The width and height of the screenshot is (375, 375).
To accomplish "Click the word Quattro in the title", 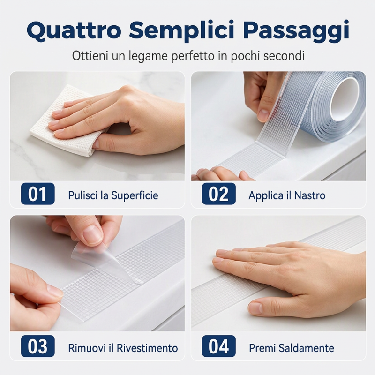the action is [x=74, y=30].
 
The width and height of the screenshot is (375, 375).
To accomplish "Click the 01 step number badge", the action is [x=38, y=194].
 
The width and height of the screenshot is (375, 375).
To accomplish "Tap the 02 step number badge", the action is [x=218, y=194].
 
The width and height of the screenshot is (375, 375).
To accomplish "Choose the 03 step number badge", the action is [x=38, y=346].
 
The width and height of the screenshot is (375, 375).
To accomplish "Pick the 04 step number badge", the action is [x=218, y=346].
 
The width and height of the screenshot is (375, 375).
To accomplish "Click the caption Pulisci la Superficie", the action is [x=113, y=195].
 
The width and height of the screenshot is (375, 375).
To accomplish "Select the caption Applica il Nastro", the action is [x=287, y=195].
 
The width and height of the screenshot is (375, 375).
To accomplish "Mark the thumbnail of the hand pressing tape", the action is [x=278, y=273].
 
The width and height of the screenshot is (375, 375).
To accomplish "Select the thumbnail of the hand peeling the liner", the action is [x=97, y=273].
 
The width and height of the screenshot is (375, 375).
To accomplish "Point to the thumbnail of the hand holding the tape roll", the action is [x=278, y=126].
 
